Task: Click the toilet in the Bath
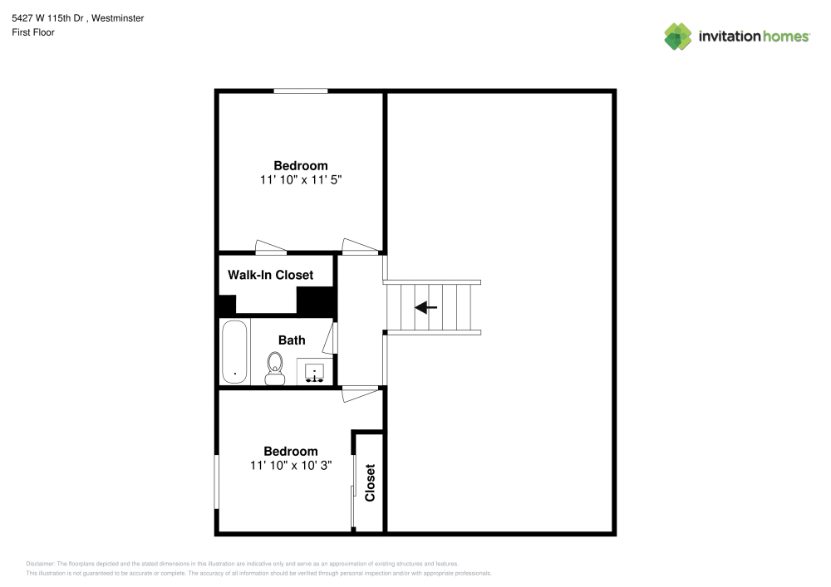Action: [x=275, y=368]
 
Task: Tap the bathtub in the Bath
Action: [x=234, y=352]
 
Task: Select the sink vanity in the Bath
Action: [x=315, y=371]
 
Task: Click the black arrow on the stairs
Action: [x=426, y=308]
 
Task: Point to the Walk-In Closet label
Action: [x=270, y=275]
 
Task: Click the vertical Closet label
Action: [x=371, y=482]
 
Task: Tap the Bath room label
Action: [x=292, y=340]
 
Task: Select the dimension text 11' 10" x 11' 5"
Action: [x=301, y=179]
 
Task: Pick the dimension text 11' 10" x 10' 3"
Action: [x=291, y=466]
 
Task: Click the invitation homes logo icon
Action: [x=677, y=36]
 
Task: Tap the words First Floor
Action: [x=33, y=32]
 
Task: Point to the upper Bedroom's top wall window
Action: [x=301, y=90]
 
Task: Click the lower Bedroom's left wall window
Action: [x=217, y=482]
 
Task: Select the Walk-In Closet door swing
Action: [x=271, y=246]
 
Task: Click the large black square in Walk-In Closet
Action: [x=315, y=301]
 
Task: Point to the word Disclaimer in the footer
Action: [x=40, y=563]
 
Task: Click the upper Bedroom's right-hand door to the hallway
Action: [x=359, y=245]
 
